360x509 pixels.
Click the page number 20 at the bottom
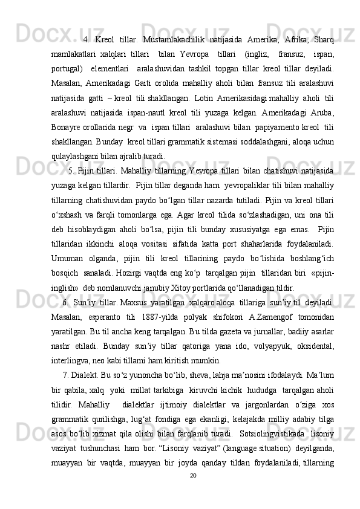click(192, 493)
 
